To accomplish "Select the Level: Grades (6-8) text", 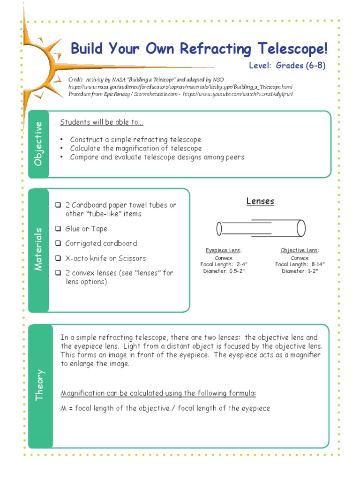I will (x=287, y=66).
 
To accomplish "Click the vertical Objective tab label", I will (x=38, y=144).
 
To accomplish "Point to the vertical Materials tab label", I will (x=38, y=249).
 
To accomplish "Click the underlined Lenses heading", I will (x=260, y=201).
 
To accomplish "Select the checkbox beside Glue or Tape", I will (x=58, y=229).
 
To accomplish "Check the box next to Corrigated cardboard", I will (x=58, y=243).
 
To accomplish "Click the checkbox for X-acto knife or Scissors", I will (x=58, y=258).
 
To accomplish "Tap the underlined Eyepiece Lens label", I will (x=224, y=251).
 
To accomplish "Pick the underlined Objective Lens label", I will (x=300, y=251).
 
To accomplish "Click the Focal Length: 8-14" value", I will (x=300, y=264).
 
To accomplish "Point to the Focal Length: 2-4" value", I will (x=224, y=264).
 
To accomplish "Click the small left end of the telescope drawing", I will (x=219, y=229).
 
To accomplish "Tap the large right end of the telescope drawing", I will (x=301, y=228).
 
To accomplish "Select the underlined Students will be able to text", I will (x=102, y=123).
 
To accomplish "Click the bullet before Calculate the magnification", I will (x=62, y=149).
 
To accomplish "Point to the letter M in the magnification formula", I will (x=64, y=408).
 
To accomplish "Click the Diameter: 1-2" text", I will (x=300, y=271).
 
